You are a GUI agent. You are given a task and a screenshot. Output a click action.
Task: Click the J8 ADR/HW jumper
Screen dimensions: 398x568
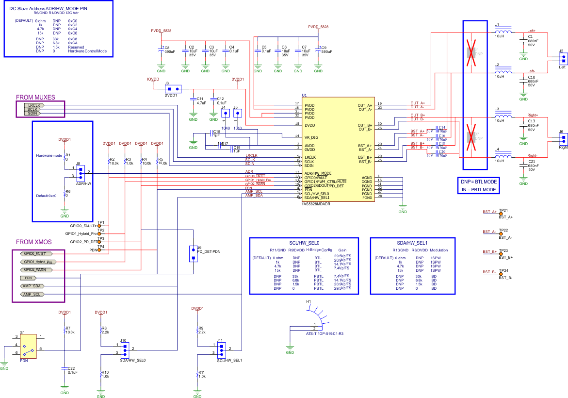[81, 172]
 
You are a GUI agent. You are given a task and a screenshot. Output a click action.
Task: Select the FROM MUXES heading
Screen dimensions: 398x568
[35, 98]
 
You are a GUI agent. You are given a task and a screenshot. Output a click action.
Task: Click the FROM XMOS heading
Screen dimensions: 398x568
[33, 242]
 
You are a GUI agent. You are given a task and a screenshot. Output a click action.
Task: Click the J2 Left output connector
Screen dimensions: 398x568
[563, 58]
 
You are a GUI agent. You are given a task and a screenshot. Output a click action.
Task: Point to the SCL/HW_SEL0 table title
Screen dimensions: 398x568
[303, 242]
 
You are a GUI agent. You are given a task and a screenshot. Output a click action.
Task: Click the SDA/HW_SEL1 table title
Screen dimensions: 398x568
[412, 242]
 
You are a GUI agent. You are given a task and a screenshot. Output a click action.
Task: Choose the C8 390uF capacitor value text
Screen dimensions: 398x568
[170, 51]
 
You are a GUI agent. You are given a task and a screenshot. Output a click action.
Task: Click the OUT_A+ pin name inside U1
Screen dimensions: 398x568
[365, 105]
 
